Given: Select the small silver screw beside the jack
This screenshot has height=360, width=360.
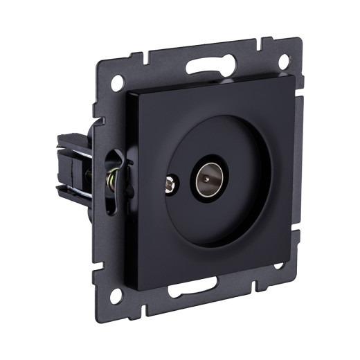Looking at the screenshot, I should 169,185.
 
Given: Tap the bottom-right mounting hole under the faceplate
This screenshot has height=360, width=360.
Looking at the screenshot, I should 278,265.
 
